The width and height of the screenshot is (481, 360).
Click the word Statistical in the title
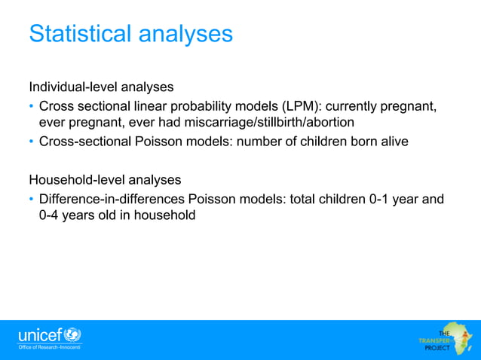click(78, 34)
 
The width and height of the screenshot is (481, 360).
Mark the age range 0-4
click(51, 215)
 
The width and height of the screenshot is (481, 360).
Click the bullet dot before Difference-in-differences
click(32, 200)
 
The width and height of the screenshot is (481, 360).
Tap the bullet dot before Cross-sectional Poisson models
click(32, 141)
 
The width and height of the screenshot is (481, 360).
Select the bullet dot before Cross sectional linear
click(32, 105)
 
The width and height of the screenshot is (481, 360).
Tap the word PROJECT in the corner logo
click(437, 349)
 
